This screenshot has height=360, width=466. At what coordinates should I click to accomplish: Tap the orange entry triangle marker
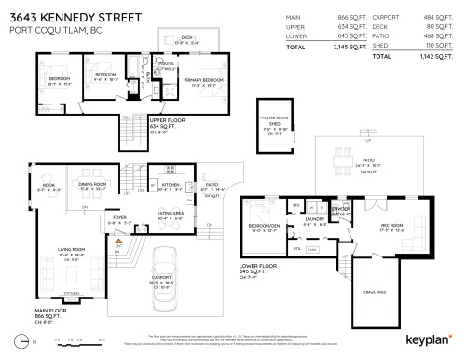[x=119, y=242]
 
